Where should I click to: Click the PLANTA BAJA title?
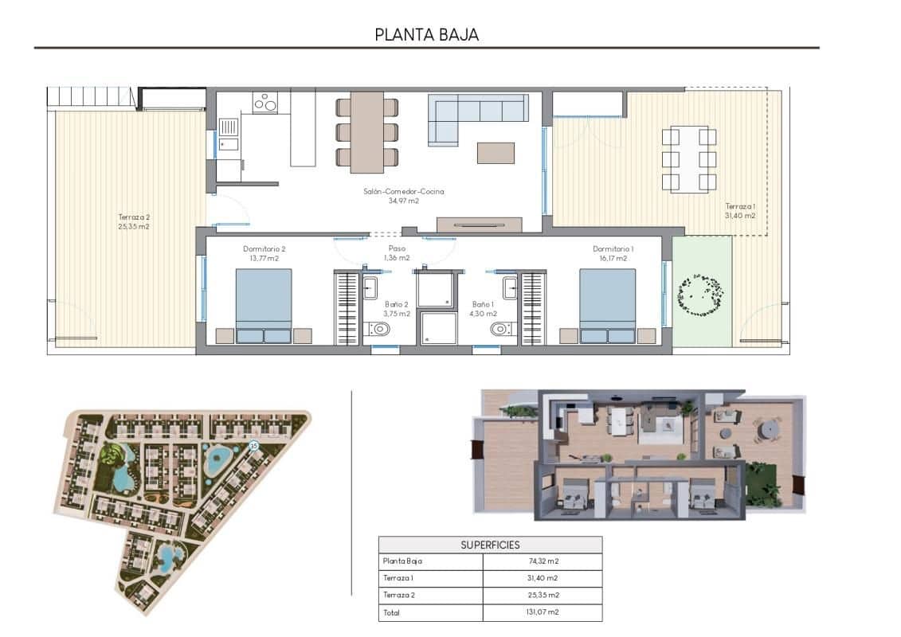point(426,35)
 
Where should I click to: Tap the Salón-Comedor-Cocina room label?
point(403,196)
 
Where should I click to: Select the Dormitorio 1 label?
point(613,253)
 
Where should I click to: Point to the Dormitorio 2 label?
point(264,253)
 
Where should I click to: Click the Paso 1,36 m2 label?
point(396,253)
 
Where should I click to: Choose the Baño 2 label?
point(396,309)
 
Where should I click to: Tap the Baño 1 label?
point(484,309)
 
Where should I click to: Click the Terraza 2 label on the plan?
point(134,221)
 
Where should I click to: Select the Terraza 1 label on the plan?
point(739,210)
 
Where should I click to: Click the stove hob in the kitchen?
point(265,103)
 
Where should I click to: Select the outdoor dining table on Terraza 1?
point(689,159)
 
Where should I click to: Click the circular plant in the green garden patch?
point(701,295)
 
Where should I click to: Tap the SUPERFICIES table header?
point(490,545)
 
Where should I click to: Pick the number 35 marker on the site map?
point(254,447)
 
